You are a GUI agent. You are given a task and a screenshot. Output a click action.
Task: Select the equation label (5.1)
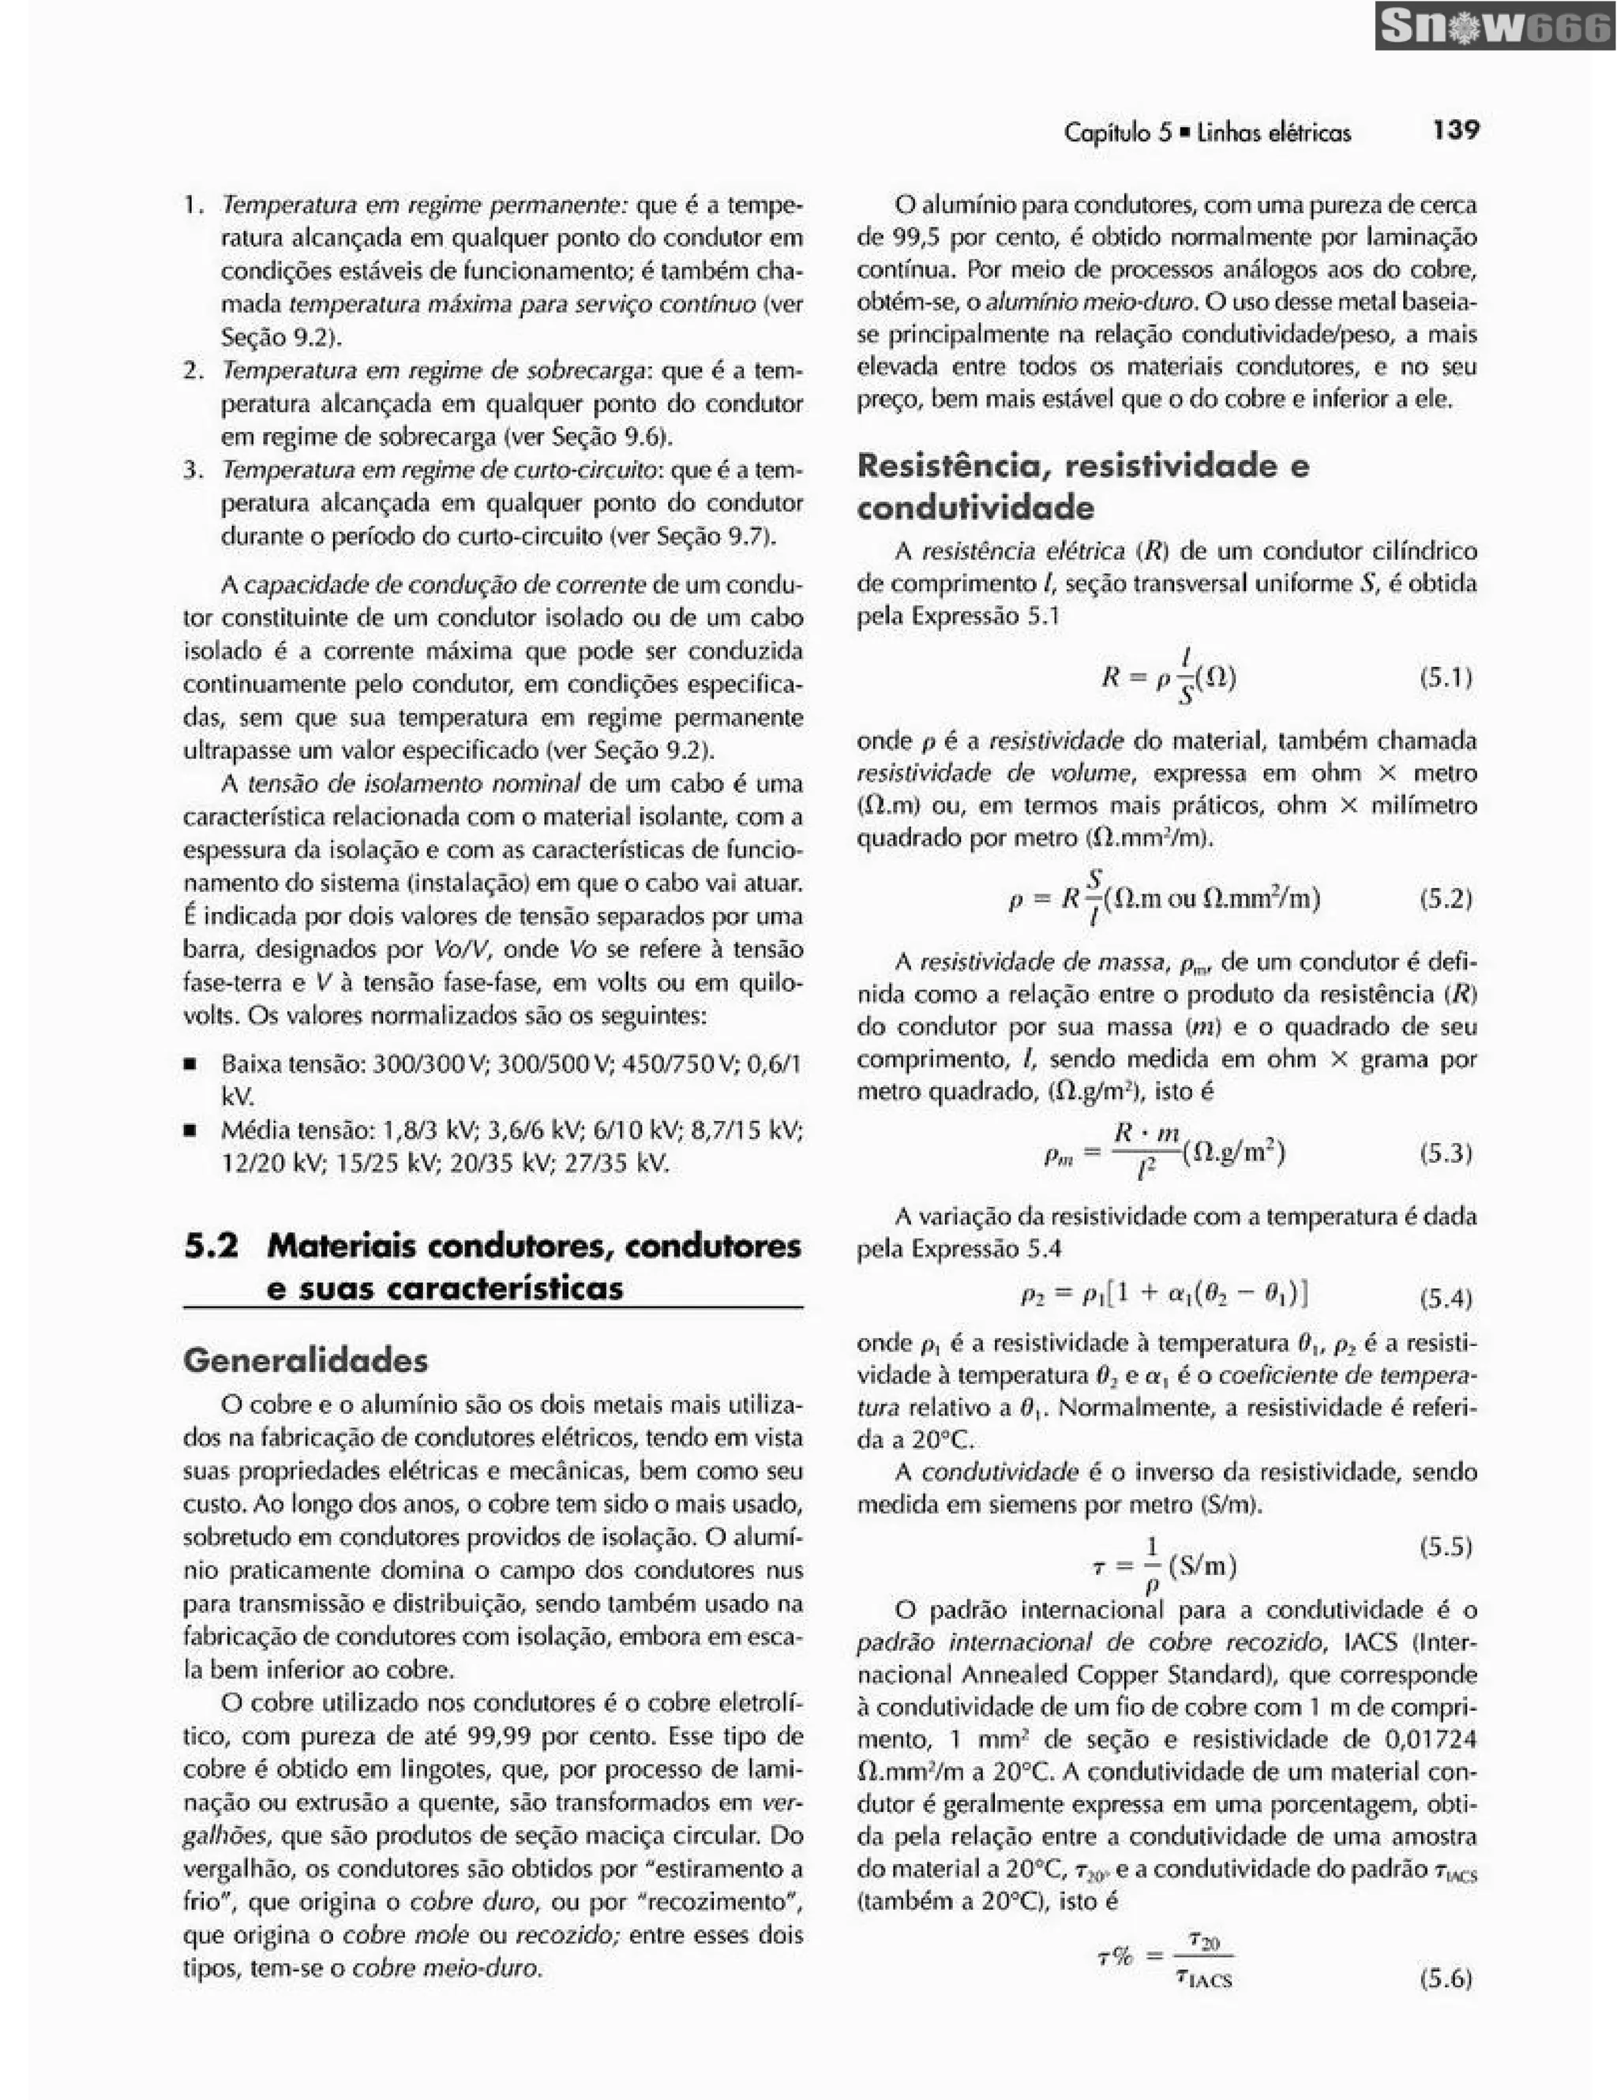coord(1446,679)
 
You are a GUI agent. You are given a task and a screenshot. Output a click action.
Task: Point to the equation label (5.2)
coord(1446,899)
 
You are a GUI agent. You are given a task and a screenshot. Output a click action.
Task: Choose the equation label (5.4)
coord(1446,1300)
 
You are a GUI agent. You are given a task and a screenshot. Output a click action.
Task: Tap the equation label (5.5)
coord(1446,1547)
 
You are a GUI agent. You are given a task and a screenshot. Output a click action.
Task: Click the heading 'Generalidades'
coord(306,1360)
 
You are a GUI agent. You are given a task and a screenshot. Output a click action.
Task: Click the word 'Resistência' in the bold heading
coord(951,467)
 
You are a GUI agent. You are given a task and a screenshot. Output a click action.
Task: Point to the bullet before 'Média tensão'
coord(190,1130)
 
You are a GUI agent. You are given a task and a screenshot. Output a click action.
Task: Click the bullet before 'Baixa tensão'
coord(190,1064)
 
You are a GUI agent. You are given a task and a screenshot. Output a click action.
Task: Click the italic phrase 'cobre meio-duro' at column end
coord(446,1968)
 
